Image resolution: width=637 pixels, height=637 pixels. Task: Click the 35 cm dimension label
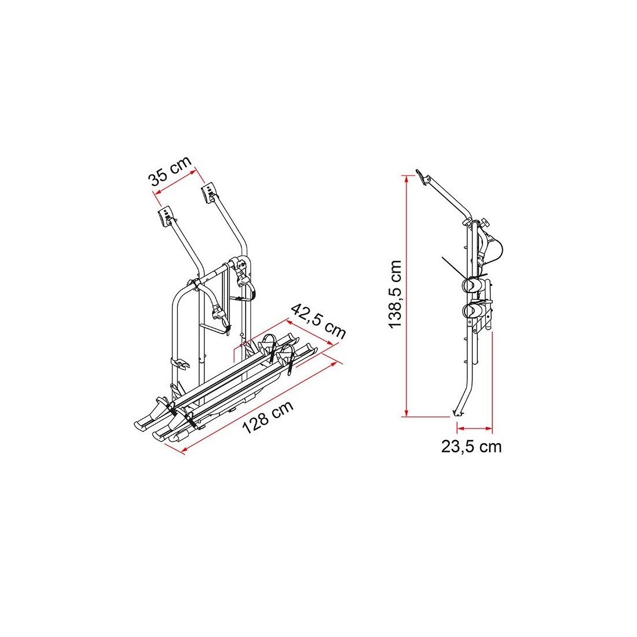(170, 171)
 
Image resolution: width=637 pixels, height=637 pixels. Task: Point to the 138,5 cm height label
(395, 295)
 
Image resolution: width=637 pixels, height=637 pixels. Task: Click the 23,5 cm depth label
(471, 446)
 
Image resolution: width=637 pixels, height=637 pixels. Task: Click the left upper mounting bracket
(166, 217)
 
